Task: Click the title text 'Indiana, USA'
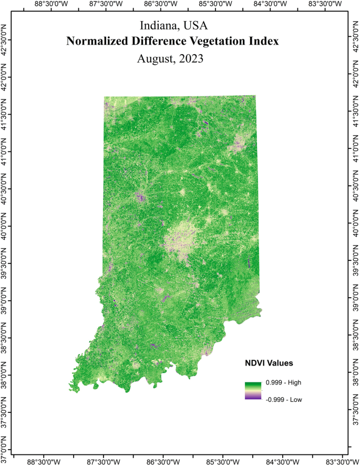170,25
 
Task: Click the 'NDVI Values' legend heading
269,363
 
